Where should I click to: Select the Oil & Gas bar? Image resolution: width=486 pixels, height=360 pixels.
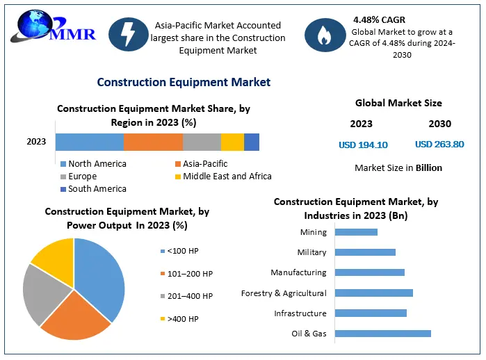click(383, 334)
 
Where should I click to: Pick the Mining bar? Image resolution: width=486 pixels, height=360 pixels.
click(356, 232)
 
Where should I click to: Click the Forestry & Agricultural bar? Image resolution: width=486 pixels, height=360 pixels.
click(374, 293)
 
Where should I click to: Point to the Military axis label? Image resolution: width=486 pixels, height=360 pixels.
click(311, 252)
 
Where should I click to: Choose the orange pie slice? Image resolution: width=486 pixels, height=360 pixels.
click(76, 320)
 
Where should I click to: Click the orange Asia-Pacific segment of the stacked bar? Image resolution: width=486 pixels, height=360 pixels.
click(153, 142)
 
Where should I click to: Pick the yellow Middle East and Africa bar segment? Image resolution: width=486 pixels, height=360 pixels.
click(232, 142)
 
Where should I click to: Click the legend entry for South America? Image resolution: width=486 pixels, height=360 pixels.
click(97, 189)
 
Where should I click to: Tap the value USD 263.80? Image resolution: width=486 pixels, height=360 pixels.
click(439, 145)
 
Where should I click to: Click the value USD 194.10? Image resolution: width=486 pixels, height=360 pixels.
click(363, 145)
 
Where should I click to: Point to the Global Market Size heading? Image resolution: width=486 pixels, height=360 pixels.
click(398, 103)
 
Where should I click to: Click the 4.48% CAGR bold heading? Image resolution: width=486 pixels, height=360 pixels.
click(379, 19)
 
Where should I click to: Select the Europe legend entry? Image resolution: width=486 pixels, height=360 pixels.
click(82, 177)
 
